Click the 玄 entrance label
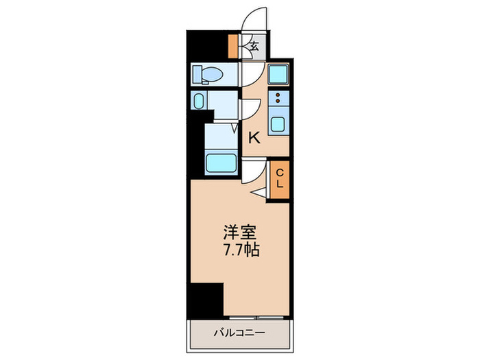pos(252,47)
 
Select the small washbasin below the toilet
pos(198,101)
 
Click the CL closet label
pos(280,180)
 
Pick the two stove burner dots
pos(278,97)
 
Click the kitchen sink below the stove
pos(278,124)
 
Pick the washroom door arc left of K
pos(248,110)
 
